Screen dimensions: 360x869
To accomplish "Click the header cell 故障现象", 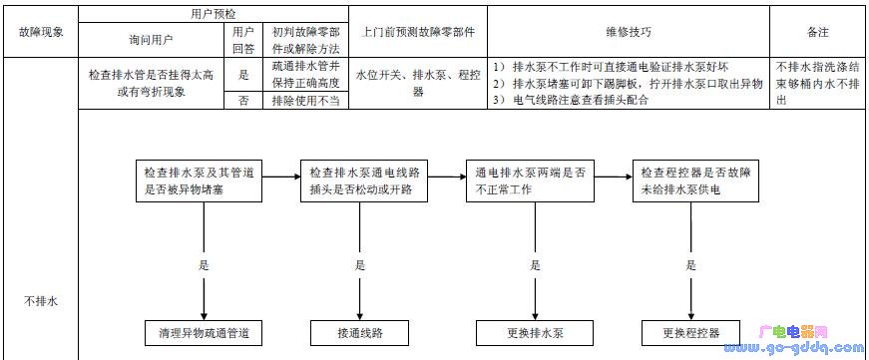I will tap(40, 32).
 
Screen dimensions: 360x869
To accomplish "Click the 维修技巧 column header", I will tap(628, 32).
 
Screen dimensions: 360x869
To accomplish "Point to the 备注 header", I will tap(817, 32).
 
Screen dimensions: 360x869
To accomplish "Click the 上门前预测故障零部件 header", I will tap(418, 32).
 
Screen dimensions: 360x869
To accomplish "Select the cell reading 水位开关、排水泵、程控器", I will tap(418, 83).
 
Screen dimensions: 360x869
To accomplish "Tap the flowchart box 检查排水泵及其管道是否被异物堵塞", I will tap(204, 180).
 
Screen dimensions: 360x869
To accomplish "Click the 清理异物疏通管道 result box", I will tap(204, 332).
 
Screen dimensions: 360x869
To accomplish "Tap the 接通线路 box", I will tap(360, 332).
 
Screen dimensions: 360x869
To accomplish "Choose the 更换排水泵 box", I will tap(535, 332).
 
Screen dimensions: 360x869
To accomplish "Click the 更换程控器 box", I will tap(691, 332).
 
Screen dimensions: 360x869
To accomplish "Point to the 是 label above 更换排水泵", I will tap(535, 266).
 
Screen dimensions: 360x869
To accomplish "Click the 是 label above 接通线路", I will tap(360, 266).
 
